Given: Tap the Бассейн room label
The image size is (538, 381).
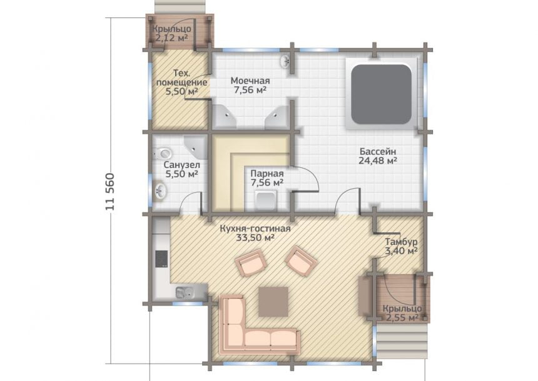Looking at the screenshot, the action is [378, 151].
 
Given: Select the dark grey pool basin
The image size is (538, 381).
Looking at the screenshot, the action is [381, 94].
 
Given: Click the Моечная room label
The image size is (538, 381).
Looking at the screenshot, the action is [250, 81].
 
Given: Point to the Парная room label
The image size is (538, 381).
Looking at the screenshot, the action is [267, 174].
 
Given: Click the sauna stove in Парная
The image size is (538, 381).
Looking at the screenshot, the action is [266, 200].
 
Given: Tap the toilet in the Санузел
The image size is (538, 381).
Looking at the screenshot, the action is [163, 153].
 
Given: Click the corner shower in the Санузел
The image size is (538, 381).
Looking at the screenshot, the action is [196, 147].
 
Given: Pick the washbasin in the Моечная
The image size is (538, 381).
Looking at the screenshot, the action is [285, 62].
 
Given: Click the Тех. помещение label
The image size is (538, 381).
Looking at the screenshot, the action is [181, 78].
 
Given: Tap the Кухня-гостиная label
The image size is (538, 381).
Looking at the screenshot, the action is [255, 229].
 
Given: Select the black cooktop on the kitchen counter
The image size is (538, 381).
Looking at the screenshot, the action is [161, 259].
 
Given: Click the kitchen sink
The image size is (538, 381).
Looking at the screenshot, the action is [185, 292].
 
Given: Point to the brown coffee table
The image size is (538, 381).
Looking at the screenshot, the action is [273, 302].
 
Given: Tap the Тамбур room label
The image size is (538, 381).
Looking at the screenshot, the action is [401, 242].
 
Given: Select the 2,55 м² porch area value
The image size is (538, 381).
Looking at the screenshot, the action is [402, 318].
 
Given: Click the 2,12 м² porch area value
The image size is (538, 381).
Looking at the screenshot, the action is [171, 37].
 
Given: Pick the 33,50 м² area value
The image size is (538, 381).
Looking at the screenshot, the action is [255, 237].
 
